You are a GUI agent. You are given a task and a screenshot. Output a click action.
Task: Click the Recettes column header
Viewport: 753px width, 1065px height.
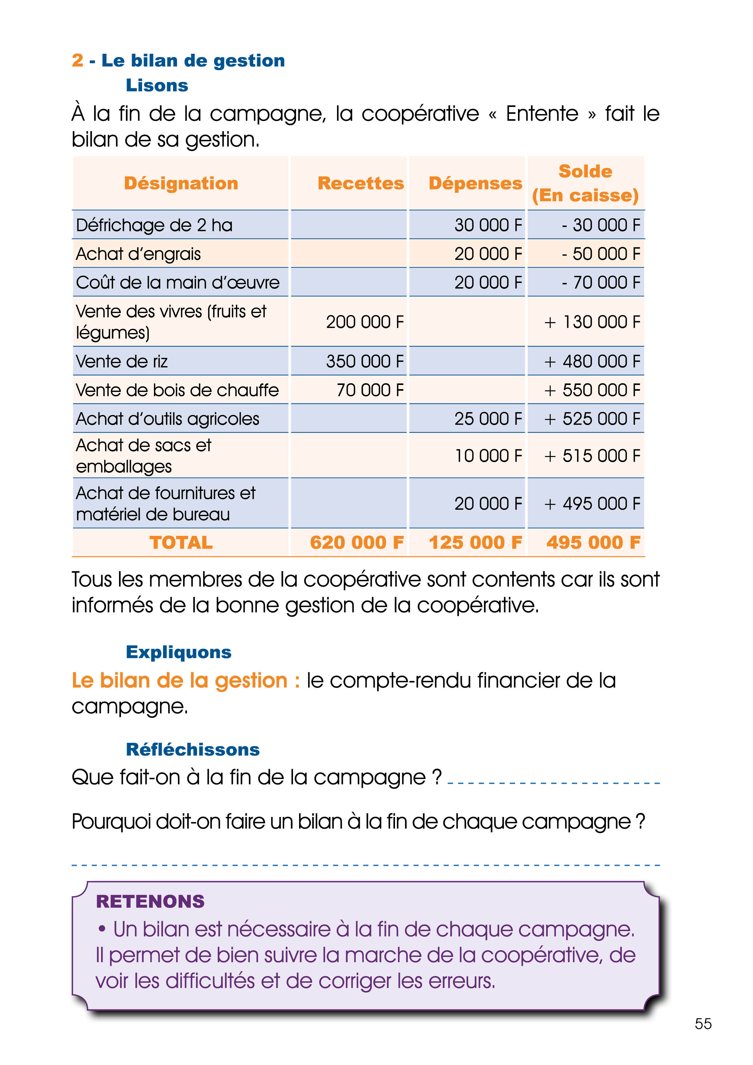(360, 183)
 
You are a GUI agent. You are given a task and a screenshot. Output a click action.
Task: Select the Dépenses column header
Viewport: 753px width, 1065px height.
(475, 183)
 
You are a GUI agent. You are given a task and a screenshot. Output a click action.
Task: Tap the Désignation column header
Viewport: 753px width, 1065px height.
(181, 183)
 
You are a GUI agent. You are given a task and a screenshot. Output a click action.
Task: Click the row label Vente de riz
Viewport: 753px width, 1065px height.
(121, 361)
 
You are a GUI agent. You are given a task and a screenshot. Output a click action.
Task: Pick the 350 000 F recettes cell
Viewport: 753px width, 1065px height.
(365, 361)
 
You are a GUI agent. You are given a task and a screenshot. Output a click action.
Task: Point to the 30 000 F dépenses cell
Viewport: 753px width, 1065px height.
(488, 225)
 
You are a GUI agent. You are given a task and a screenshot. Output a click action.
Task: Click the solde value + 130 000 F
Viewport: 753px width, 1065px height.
(592, 322)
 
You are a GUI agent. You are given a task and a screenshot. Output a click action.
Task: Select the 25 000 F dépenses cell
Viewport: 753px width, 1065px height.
(488, 419)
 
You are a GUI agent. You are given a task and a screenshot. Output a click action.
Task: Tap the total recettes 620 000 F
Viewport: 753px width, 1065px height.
(357, 542)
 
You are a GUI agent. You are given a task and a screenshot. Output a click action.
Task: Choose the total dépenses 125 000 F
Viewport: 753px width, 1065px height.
(475, 542)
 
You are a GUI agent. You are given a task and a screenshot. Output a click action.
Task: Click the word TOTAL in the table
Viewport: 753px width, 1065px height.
(181, 542)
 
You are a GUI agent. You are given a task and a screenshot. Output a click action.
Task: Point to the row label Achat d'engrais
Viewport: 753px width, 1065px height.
(138, 254)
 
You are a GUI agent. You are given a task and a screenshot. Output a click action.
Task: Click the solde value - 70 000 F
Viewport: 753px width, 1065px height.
(601, 282)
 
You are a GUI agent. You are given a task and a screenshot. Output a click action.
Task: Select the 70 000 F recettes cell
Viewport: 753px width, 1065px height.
(370, 390)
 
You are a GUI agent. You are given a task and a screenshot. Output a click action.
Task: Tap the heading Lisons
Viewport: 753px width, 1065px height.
(157, 85)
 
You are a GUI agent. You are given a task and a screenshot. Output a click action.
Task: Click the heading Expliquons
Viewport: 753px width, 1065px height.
(179, 652)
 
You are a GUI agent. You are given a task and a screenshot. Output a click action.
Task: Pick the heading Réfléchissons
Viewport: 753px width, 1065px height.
(193, 749)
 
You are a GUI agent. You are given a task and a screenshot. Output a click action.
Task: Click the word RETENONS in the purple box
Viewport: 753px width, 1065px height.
(150, 901)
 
